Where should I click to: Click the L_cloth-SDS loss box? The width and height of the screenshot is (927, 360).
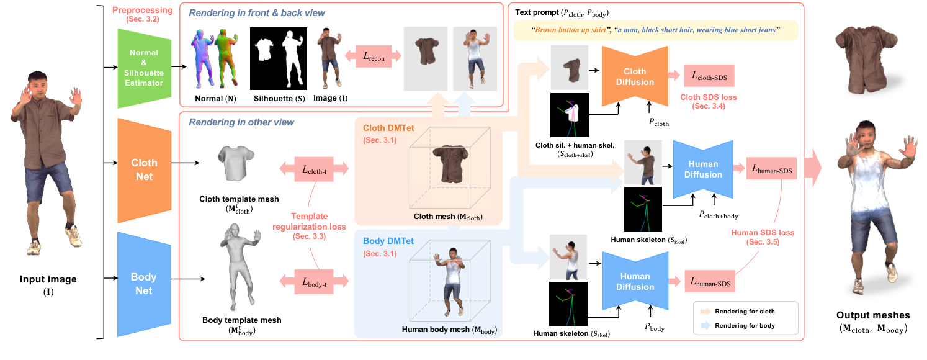point(709,76)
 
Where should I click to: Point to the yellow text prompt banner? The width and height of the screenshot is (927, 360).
point(655,30)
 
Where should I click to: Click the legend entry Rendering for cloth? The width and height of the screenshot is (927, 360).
point(744,311)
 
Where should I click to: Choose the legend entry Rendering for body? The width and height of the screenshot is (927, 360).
point(744,325)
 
